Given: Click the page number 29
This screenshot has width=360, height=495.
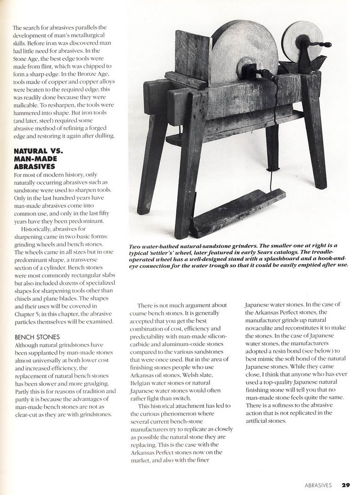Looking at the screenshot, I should tap(346, 485).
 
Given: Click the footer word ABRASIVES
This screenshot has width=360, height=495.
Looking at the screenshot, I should tap(318, 485).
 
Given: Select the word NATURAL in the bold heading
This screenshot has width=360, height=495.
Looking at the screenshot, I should tap(31, 151).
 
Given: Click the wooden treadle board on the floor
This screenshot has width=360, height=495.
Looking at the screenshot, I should tap(237, 212).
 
